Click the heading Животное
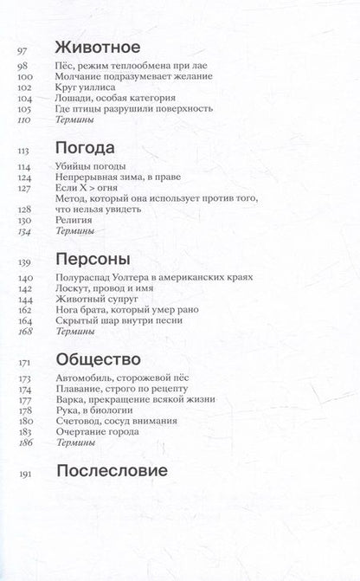coord(98,48)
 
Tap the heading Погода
coord(86,148)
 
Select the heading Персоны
coord(93,259)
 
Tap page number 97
coord(24,50)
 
